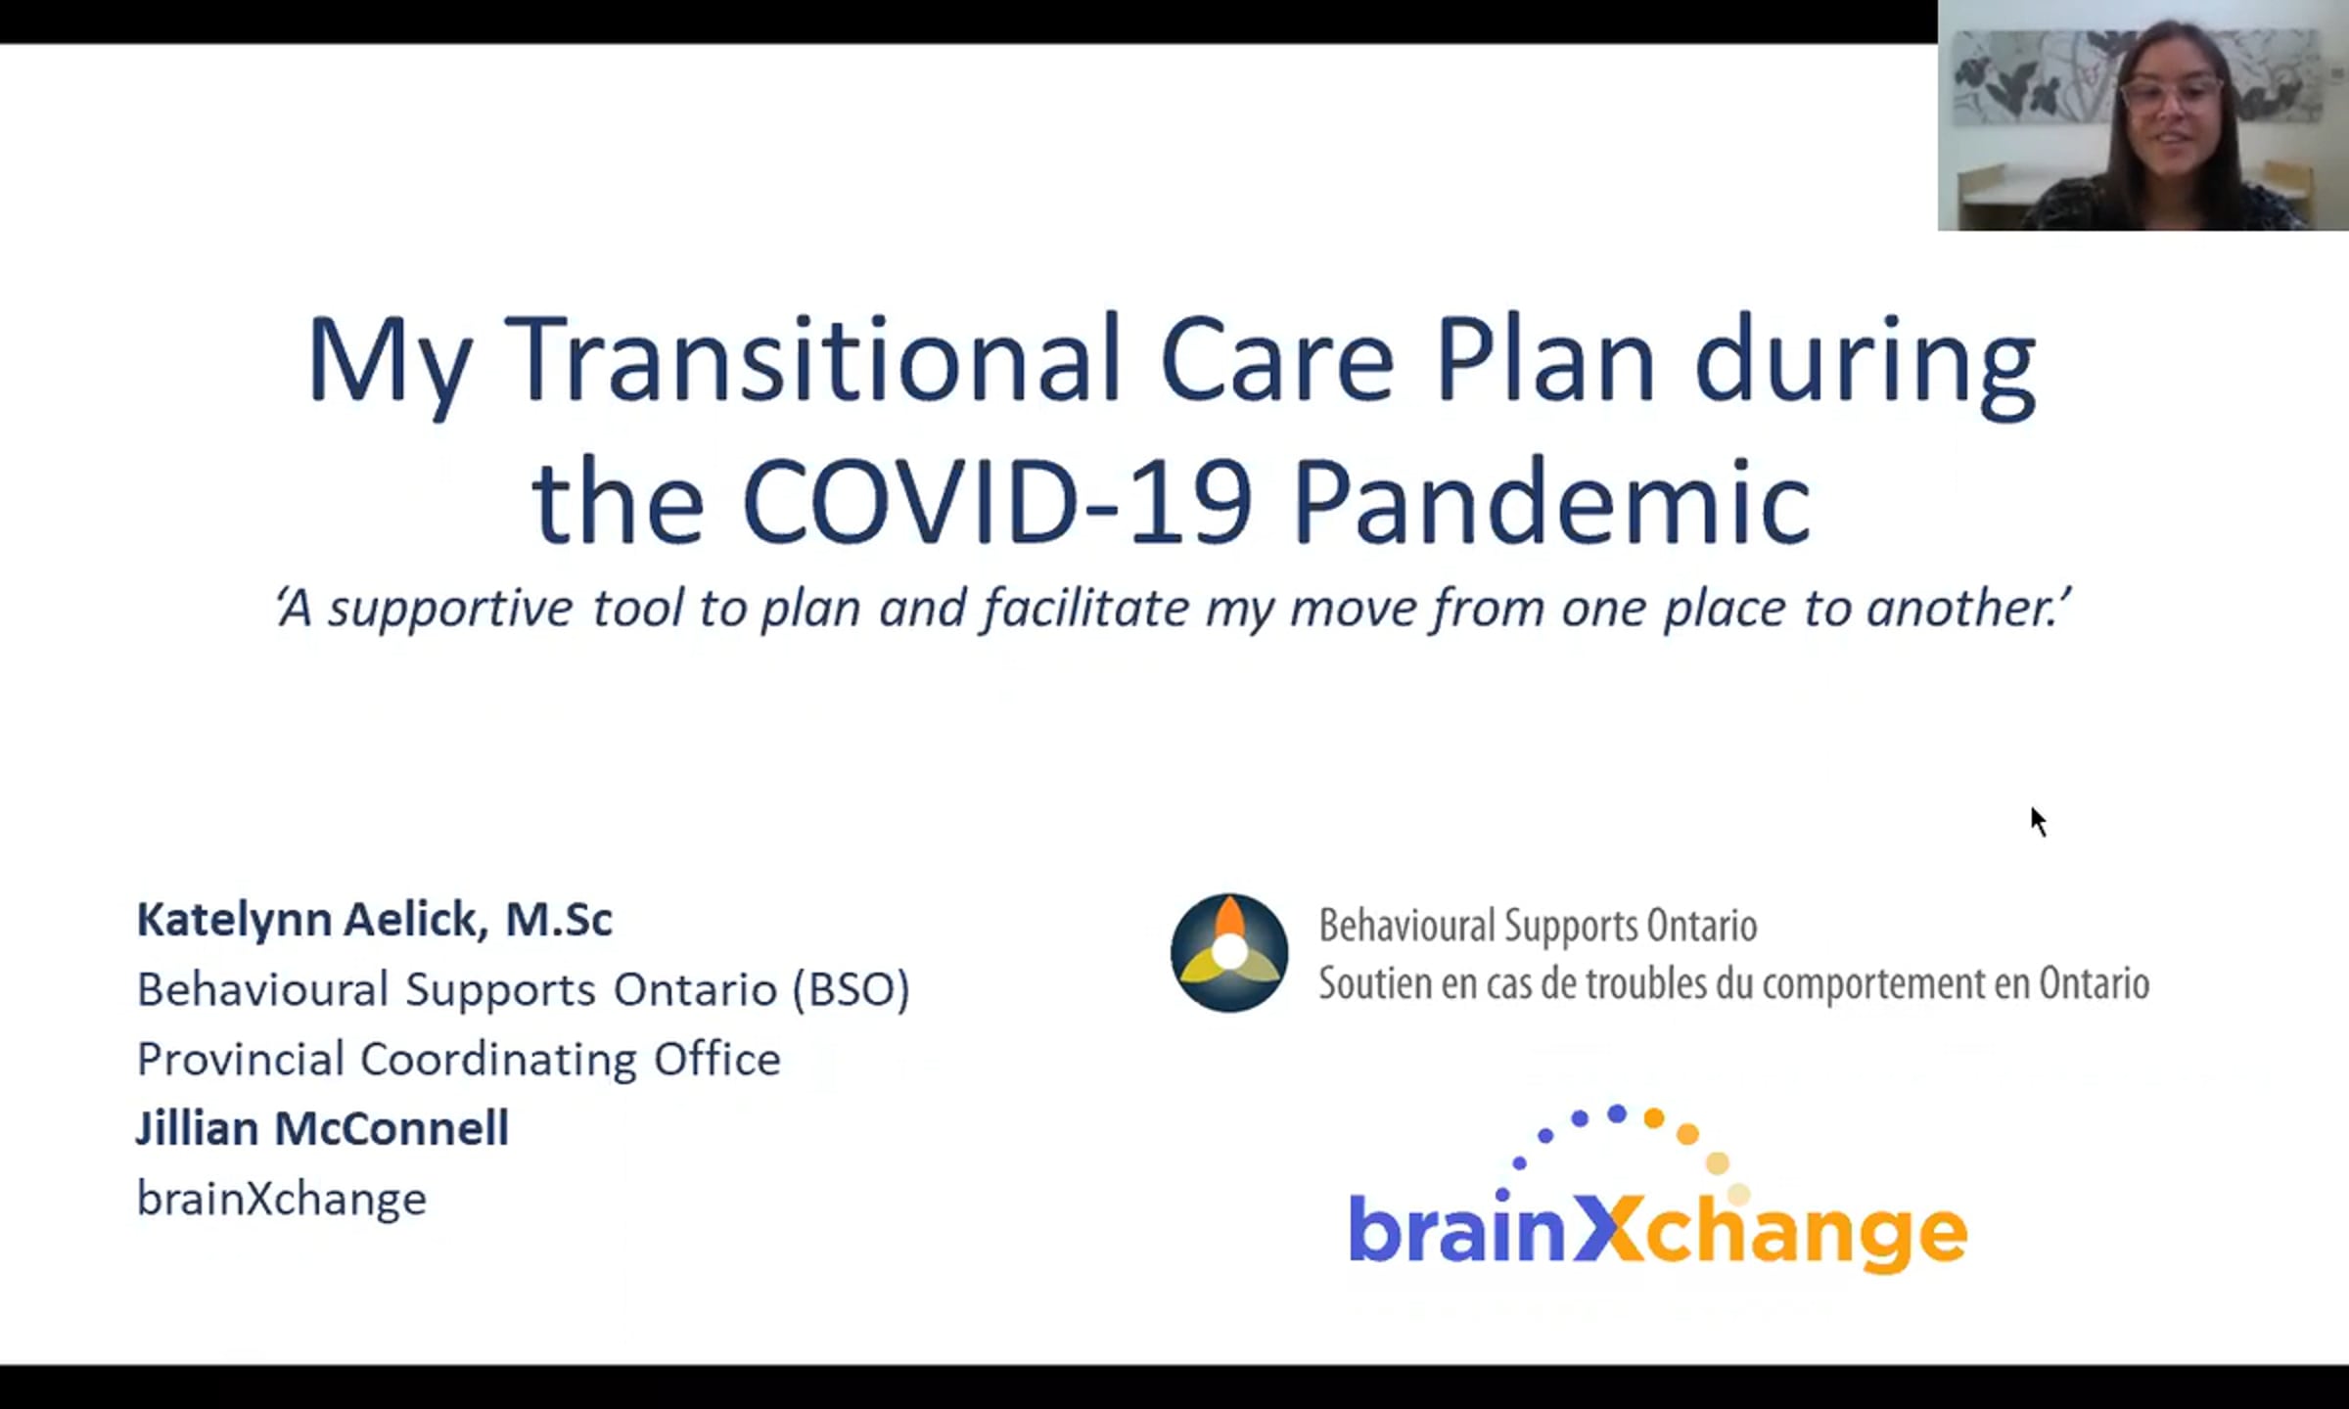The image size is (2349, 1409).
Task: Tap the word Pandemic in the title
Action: point(1552,500)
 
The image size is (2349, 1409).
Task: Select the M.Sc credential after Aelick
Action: point(559,920)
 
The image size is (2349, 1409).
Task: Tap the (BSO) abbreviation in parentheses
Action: point(851,989)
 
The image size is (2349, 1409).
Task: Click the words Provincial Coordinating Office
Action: point(458,1060)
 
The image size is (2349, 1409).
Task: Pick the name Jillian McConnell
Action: point(322,1128)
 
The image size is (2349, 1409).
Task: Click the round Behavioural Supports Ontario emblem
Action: point(1229,952)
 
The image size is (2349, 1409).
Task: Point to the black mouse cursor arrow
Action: point(2039,822)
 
